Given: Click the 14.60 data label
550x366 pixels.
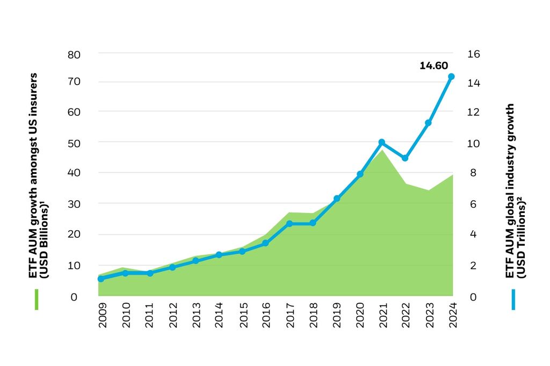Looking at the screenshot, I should click(433, 66).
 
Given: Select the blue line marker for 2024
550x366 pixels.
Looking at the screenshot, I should click(451, 77).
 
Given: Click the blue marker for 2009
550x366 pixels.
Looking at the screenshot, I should click(100, 279).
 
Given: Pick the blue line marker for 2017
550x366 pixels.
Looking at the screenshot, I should click(289, 223).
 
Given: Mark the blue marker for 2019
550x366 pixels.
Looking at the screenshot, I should click(337, 199).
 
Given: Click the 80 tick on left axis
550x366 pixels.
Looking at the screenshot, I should click(74, 54).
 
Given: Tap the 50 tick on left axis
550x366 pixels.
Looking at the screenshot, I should click(74, 143).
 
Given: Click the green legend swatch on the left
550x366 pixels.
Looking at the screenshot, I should click(37, 299).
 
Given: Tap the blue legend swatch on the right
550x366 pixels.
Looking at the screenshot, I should click(513, 299).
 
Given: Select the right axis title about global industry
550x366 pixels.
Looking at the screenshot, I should click(515, 191).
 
